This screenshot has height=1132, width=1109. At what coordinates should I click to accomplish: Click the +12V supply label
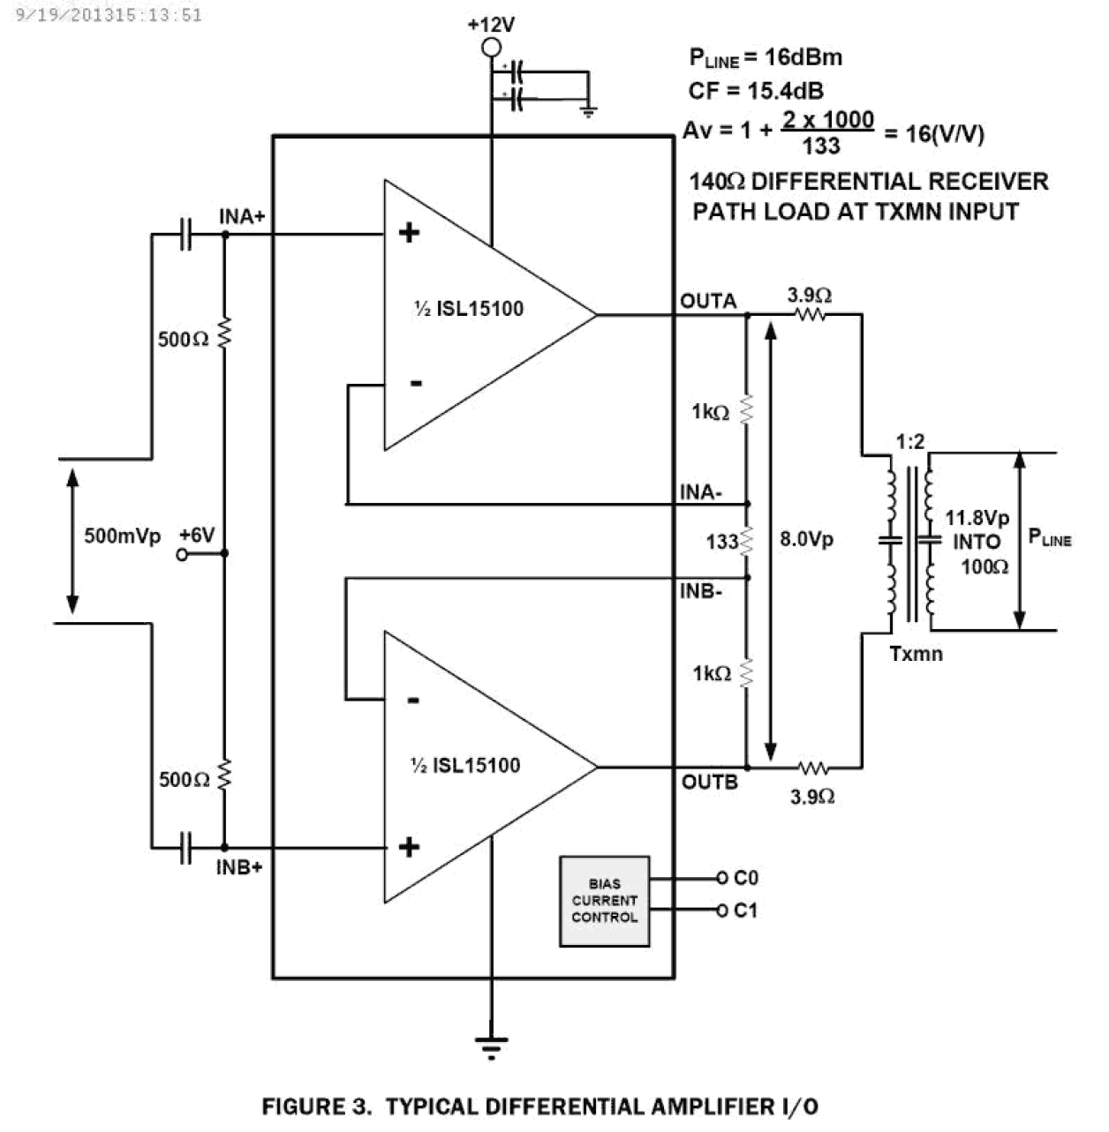[491, 24]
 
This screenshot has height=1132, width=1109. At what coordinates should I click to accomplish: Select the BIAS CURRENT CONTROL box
[604, 901]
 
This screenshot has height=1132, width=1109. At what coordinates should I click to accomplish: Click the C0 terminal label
[746, 878]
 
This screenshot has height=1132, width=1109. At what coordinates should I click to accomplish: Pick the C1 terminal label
[746, 910]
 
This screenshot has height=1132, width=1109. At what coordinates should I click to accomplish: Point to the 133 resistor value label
[721, 542]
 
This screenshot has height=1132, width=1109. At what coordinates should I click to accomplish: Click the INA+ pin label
[242, 216]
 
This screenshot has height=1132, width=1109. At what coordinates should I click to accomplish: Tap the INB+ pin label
[239, 867]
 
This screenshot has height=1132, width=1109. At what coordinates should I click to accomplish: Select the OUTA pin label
[708, 301]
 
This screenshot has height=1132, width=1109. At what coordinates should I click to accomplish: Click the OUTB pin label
[709, 782]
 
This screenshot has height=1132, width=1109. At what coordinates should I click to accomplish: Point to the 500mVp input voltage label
[123, 536]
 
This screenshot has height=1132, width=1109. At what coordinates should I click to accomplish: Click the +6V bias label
[196, 535]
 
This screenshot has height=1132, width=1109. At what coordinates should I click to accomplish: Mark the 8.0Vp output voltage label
[806, 538]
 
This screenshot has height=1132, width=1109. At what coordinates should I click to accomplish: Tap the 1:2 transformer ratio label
[909, 441]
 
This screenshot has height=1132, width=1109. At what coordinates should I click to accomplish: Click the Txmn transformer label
[916, 654]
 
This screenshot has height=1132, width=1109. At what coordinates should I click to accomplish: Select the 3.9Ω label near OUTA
[810, 294]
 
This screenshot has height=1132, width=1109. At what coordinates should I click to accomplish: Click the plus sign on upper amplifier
[409, 233]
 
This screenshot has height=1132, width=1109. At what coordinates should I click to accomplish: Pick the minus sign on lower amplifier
[412, 701]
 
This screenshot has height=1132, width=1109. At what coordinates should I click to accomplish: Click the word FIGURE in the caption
[317, 1106]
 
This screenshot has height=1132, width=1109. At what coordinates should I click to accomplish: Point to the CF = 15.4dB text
[756, 91]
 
